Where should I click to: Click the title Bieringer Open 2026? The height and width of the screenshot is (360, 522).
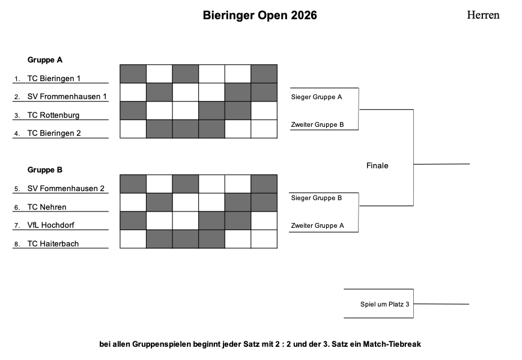tap(259, 15)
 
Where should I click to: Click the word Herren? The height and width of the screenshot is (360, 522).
tap(483, 15)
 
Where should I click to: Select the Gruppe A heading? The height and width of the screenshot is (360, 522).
tap(45, 60)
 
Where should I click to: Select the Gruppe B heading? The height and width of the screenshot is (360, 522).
tap(45, 170)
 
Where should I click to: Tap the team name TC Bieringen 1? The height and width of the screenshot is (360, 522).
tap(54, 78)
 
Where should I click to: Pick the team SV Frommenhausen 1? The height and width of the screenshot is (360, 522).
tap(67, 97)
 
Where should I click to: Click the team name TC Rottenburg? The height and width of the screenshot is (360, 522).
tap(53, 115)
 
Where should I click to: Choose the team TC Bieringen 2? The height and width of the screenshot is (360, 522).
tap(54, 133)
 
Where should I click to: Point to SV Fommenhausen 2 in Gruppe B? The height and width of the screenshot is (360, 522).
tap(66, 189)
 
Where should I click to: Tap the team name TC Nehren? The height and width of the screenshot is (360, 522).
tap(47, 207)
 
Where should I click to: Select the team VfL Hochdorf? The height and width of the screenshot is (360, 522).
tap(50, 225)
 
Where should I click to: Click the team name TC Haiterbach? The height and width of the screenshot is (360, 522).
tap(53, 244)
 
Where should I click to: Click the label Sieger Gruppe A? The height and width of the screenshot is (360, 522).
tap(316, 97)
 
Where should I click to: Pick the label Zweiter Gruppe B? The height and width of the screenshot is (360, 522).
tap(317, 124)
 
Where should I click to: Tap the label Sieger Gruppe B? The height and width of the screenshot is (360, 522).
tap(316, 198)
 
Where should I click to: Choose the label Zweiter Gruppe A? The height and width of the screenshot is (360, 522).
tap(317, 225)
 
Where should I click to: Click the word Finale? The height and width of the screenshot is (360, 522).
tap(377, 165)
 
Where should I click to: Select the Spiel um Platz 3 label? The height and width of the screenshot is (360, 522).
tap(384, 304)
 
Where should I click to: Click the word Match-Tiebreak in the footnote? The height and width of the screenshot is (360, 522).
tap(392, 344)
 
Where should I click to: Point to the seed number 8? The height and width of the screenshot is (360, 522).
tap(16, 245)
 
